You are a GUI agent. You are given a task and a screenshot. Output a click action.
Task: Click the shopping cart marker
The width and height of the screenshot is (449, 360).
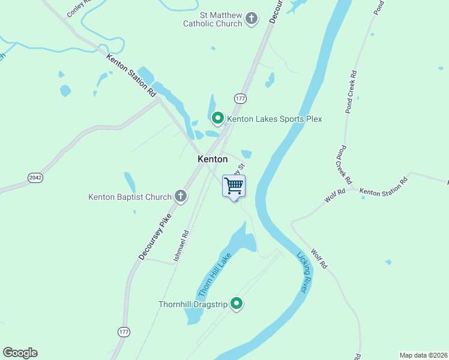[x=234, y=186]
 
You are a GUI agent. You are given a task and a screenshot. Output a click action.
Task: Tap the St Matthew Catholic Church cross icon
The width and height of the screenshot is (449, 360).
[x=252, y=19]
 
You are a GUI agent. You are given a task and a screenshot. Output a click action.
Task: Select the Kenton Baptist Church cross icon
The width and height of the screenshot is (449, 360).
[x=180, y=196]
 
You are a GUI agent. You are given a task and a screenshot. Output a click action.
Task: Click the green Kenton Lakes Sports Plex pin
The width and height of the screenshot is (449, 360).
[x=218, y=118]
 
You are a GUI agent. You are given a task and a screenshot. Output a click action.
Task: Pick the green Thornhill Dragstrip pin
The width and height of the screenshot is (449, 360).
[x=237, y=304]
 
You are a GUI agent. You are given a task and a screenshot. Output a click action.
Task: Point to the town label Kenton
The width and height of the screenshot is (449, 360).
[x=212, y=159]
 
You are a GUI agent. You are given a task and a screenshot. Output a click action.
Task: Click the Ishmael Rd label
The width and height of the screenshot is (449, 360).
[x=181, y=245]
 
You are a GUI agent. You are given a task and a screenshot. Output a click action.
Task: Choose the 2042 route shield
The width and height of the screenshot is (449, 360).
[x=35, y=178]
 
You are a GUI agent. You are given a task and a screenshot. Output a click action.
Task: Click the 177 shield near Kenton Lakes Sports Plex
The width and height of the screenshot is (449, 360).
[x=240, y=98]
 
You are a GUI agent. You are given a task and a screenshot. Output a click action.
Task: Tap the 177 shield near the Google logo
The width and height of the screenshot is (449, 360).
[x=124, y=332]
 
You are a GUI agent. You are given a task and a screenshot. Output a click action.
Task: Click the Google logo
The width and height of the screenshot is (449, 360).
[x=20, y=353]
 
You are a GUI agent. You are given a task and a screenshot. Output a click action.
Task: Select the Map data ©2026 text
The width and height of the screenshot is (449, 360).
[x=423, y=355]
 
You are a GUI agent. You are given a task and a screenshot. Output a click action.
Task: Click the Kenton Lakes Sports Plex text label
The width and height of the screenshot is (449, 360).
[x=274, y=119]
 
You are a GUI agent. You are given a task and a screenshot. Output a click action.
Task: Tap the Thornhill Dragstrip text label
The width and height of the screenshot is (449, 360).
[x=193, y=304]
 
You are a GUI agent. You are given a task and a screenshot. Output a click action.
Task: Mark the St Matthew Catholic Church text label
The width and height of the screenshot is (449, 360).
[x=213, y=19]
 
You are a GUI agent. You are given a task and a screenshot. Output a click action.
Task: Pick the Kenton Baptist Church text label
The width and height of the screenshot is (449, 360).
[x=130, y=196]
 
